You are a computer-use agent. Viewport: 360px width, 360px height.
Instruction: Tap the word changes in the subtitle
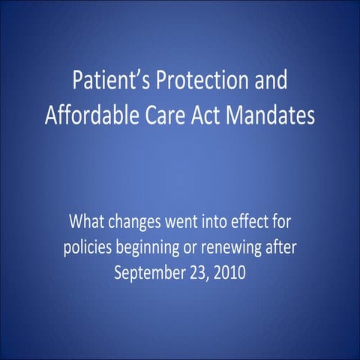click(139, 223)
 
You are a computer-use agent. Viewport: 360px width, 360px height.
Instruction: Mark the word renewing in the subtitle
click(236, 247)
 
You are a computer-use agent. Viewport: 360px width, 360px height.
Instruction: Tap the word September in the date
click(150, 271)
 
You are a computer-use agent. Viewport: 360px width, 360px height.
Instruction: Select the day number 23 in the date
click(199, 271)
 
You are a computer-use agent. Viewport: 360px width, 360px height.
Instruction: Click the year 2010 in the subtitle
click(229, 271)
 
